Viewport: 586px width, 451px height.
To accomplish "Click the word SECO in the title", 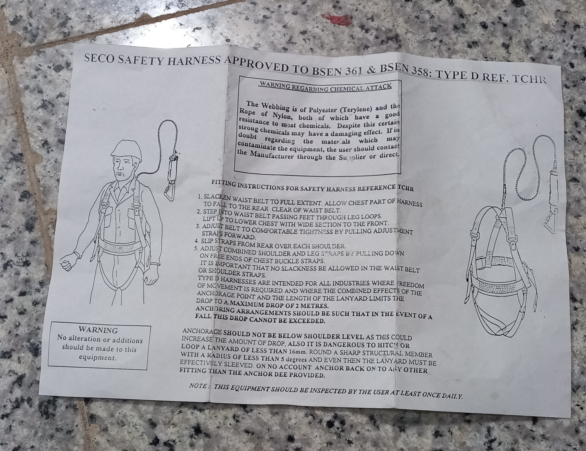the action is pyautogui.click(x=99, y=58).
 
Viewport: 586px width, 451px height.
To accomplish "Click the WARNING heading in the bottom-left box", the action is pyautogui.click(x=98, y=330).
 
